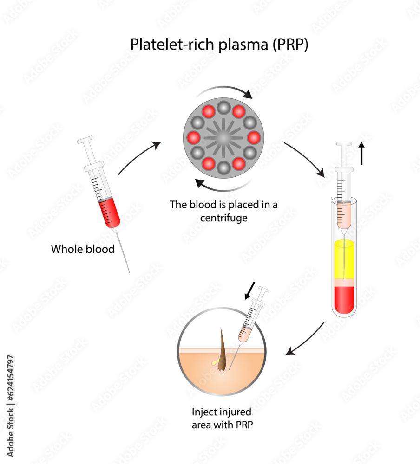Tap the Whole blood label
click(83, 249)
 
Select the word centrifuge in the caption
click(223, 217)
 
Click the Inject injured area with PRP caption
click(222, 418)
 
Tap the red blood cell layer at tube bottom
click(344, 299)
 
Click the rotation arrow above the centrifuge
click(228, 90)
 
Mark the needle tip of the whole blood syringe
click(129, 271)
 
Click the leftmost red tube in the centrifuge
click(193, 138)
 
